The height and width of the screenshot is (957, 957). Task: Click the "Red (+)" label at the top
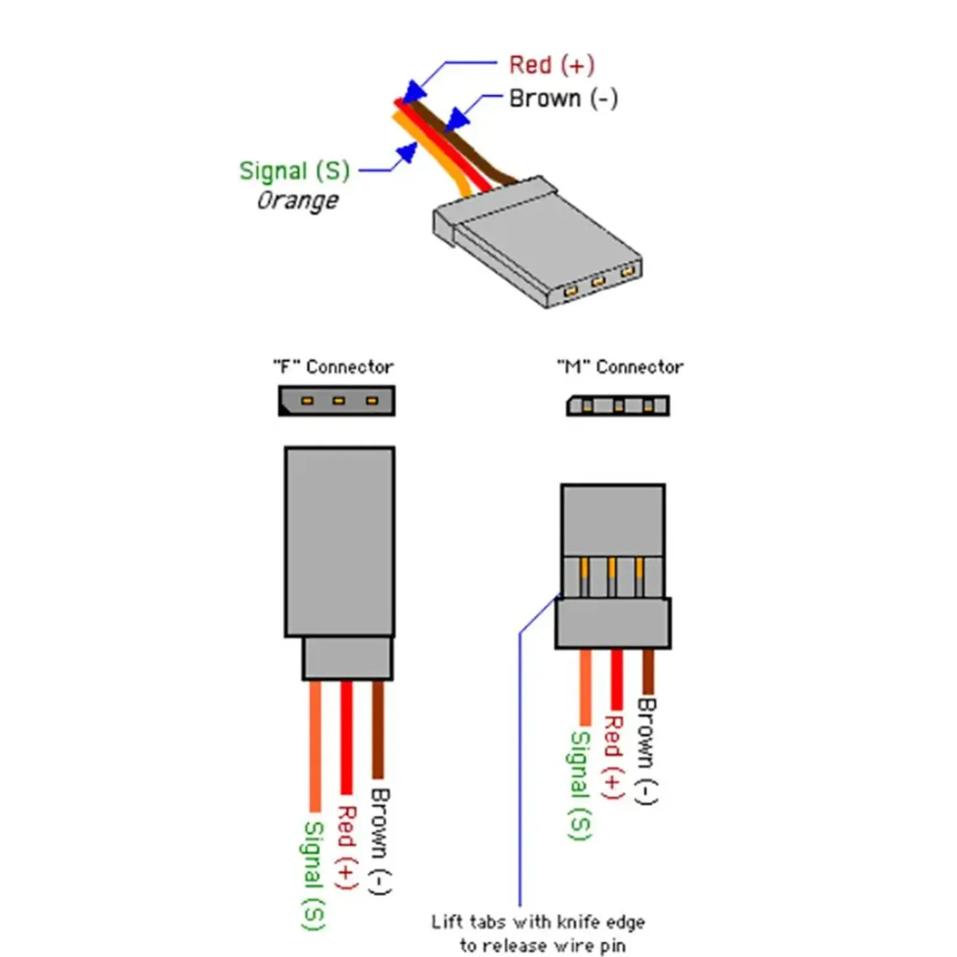[x=551, y=65]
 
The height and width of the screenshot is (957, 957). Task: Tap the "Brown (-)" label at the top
[x=563, y=99]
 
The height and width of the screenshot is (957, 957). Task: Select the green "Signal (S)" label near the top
[x=294, y=171]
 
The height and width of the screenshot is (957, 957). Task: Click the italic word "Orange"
[x=297, y=200]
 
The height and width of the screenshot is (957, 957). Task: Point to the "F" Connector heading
[x=333, y=367]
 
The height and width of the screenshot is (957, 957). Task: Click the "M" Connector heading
[x=620, y=367]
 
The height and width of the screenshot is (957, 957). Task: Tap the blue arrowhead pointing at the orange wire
[x=407, y=152]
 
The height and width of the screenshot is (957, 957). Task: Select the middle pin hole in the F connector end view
[x=339, y=401]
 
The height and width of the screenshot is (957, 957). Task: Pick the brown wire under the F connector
[x=378, y=730]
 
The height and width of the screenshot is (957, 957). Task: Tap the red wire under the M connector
[x=617, y=679]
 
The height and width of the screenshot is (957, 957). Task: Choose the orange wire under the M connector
[x=586, y=688]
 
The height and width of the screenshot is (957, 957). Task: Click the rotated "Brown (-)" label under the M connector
[x=647, y=751]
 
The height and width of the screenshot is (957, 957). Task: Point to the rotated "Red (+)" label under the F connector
[x=346, y=847]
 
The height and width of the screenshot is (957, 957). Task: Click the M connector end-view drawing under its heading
[x=618, y=406]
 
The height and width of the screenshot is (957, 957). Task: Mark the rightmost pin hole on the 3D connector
[x=627, y=273]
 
